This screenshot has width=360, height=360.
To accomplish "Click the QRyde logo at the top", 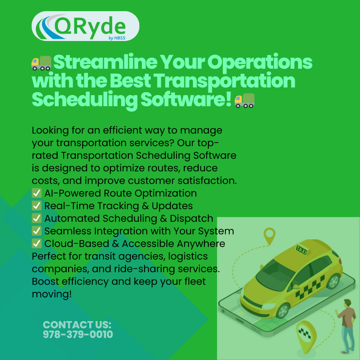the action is point(85,26).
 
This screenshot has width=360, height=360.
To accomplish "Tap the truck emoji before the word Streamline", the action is point(41,63).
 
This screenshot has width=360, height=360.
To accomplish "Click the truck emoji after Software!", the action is point(244,100).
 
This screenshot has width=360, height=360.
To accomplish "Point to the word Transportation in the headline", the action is point(224,81).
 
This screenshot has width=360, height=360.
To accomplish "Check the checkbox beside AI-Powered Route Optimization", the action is point(36,193).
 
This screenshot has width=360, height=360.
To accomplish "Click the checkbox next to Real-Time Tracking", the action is point(36,206).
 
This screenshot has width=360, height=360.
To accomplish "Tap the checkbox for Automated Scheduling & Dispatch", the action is point(36,218).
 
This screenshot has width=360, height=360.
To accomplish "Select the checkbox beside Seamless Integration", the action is point(36,231).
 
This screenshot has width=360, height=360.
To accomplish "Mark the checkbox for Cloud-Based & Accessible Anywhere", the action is point(36,243).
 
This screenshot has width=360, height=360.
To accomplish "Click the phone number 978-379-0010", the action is point(78,334).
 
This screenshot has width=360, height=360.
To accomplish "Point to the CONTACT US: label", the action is point(77,325).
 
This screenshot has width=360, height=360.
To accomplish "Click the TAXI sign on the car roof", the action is point(301,250).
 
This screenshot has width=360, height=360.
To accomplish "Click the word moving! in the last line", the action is point(52,294).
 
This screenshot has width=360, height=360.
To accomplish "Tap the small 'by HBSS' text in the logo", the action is point(117,38).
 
